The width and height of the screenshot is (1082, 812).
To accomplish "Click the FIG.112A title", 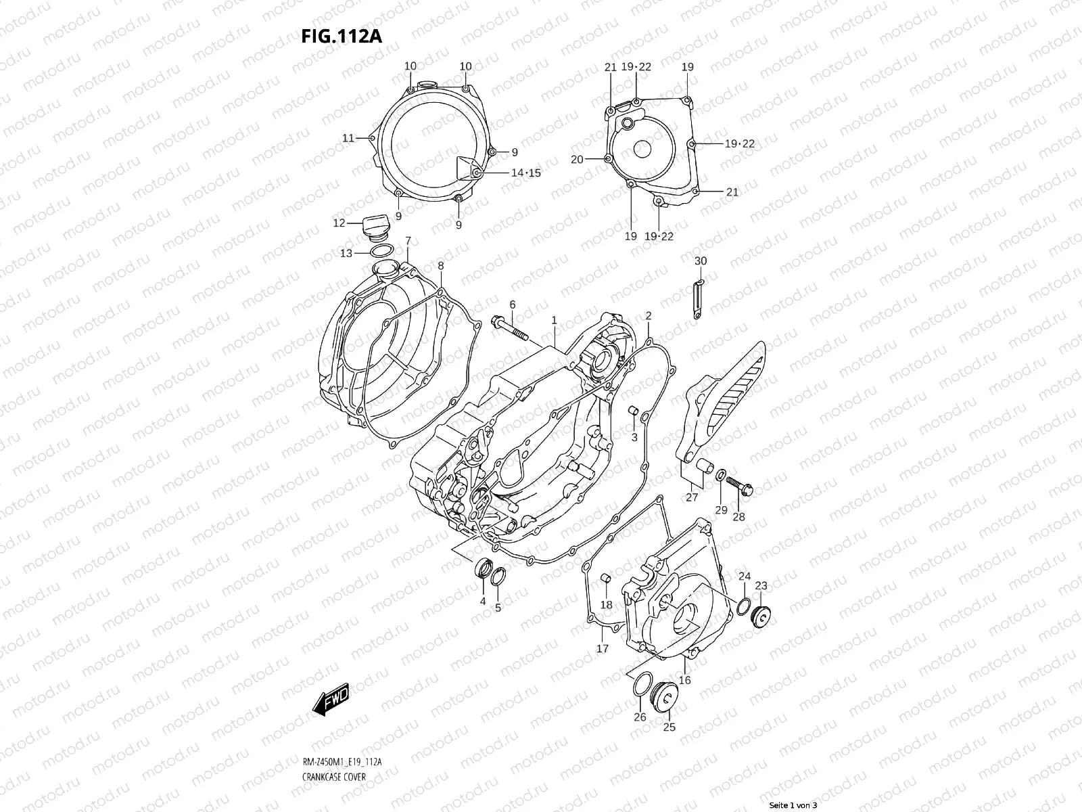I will tap(342, 35).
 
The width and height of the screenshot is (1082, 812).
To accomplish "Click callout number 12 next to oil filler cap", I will tap(339, 223).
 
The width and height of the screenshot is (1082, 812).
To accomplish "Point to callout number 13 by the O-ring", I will tap(346, 253).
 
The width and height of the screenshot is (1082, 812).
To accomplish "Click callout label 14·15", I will tap(525, 173).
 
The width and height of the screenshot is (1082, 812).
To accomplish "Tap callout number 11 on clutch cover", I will tap(348, 138).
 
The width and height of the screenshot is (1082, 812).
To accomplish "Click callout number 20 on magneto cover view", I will tap(576, 160).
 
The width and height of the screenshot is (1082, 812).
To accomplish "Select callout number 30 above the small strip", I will tap(701, 261).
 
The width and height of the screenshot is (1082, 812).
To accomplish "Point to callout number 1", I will tap(553, 319).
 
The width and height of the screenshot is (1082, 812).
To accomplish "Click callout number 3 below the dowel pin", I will tap(634, 438).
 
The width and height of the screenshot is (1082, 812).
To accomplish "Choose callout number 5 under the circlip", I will tap(498, 608).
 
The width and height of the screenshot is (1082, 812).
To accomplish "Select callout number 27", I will tap(692, 497).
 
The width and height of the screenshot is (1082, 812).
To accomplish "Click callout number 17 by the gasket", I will tap(602, 648).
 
